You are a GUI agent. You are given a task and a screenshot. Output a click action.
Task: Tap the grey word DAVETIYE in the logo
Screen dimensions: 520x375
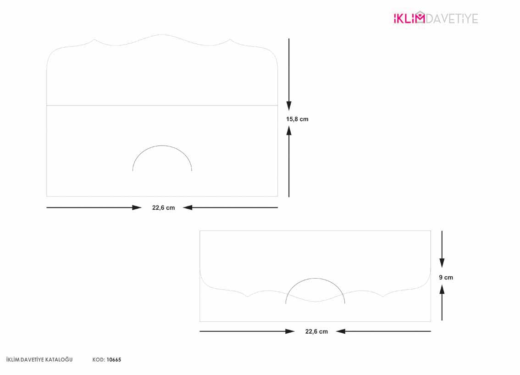tap(452, 18)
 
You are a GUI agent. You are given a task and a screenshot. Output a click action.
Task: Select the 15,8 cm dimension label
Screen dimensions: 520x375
tap(297, 119)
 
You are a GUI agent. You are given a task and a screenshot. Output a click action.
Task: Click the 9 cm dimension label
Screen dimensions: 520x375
tap(446, 277)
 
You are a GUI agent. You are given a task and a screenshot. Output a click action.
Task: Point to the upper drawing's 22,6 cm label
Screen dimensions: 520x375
tap(164, 208)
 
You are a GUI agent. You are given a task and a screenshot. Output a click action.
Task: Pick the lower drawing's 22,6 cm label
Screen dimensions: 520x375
tap(316, 331)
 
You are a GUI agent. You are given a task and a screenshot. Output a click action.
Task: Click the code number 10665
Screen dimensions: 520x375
tap(114, 360)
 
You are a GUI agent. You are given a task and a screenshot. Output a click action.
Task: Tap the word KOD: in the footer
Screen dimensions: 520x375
tap(99, 360)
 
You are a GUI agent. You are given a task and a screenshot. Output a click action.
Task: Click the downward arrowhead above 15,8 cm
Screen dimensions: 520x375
tap(289, 106)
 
